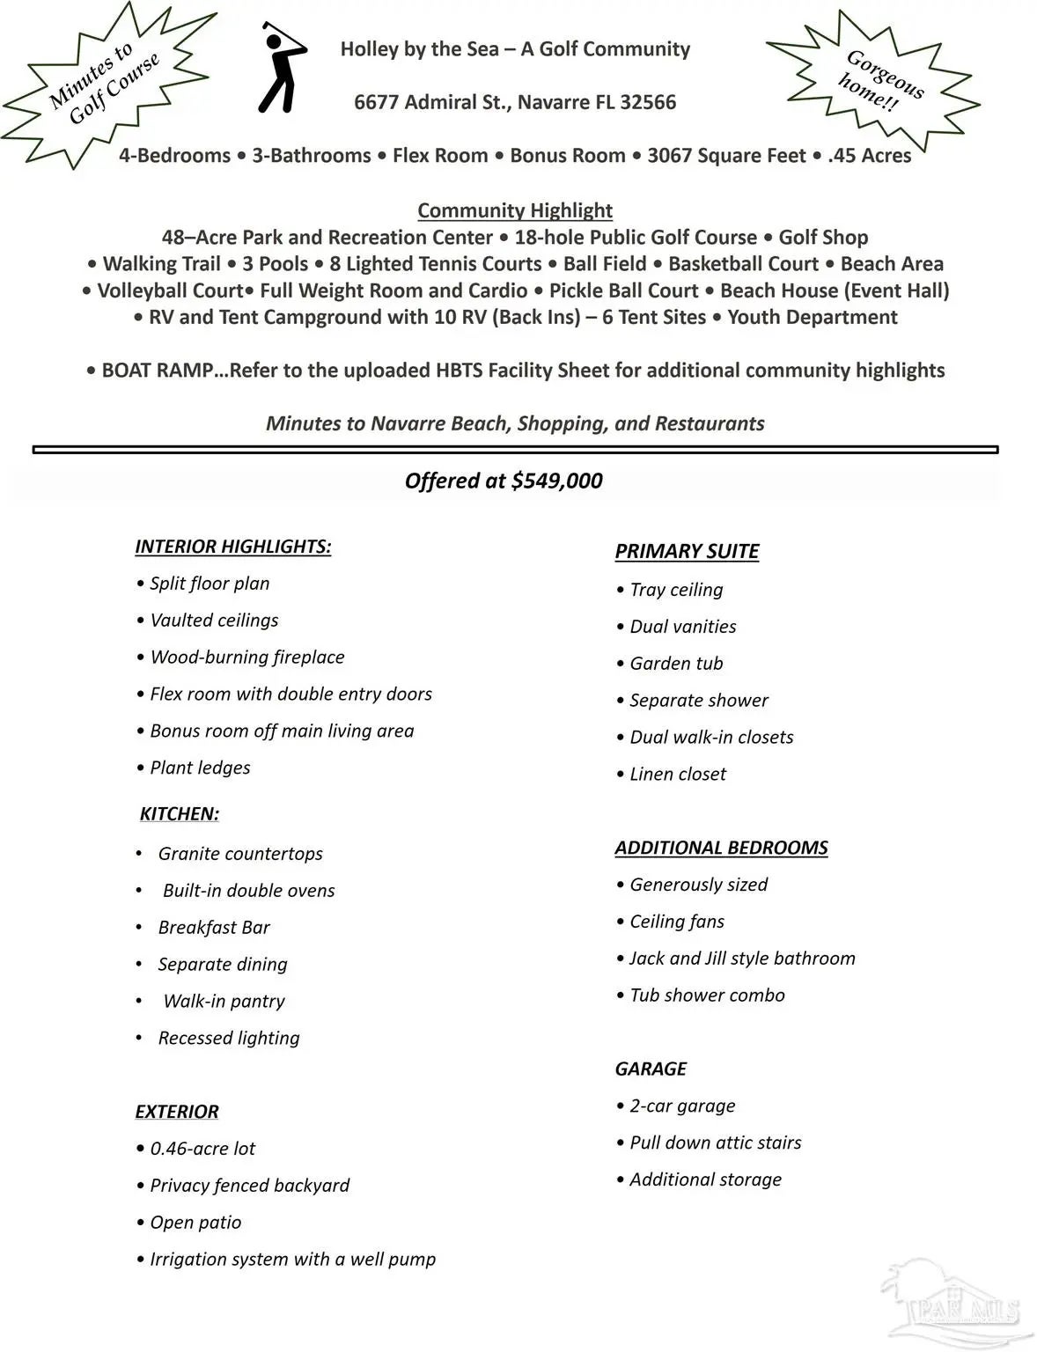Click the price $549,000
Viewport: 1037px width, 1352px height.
[x=556, y=481]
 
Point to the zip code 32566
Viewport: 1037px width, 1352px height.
[x=648, y=102]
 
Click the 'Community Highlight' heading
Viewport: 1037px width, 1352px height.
[x=515, y=210]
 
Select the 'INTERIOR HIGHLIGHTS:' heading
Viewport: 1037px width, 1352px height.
[x=233, y=547]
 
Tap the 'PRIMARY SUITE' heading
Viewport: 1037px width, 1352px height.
[x=687, y=552]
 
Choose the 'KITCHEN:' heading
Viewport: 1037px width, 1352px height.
[x=180, y=814]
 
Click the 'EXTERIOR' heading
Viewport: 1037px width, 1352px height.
[x=177, y=1112]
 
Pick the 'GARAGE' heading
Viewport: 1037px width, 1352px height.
[x=651, y=1069]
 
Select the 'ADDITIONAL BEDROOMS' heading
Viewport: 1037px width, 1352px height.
[x=721, y=848]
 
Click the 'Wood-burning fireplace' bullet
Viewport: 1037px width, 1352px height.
[x=246, y=658]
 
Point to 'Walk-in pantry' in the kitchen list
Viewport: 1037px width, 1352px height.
[x=224, y=1002]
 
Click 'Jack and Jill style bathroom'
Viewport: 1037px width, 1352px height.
[x=741, y=959]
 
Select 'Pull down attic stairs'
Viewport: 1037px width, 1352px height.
[x=715, y=1143]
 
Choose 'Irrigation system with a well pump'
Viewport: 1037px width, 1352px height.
[x=292, y=1260]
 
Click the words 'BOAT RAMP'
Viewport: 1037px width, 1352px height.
[x=158, y=371]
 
